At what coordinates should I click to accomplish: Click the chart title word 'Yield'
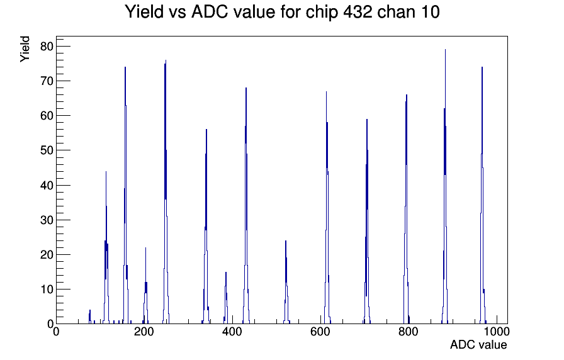click(144, 12)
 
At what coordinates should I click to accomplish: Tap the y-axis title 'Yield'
click(25, 49)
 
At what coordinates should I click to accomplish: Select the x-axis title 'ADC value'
click(478, 344)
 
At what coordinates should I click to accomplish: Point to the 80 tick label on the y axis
click(47, 46)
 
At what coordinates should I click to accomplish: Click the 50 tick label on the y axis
click(47, 150)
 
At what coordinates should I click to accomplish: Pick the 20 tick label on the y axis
click(47, 255)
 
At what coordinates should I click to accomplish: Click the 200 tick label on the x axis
click(144, 331)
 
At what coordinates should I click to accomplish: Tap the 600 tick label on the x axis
click(320, 331)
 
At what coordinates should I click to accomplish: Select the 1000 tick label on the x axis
click(496, 331)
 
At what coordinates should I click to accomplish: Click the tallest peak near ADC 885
click(445, 50)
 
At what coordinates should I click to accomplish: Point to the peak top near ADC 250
click(166, 60)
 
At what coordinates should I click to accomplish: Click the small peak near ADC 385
click(226, 273)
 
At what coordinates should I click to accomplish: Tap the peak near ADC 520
click(286, 241)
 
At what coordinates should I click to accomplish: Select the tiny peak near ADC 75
click(90, 310)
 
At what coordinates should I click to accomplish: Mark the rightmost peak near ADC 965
click(482, 67)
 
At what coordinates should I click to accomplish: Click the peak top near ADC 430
click(246, 88)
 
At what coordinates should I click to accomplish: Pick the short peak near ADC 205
click(145, 248)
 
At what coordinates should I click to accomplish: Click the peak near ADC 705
click(367, 120)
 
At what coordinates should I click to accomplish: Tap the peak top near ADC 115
click(106, 172)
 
